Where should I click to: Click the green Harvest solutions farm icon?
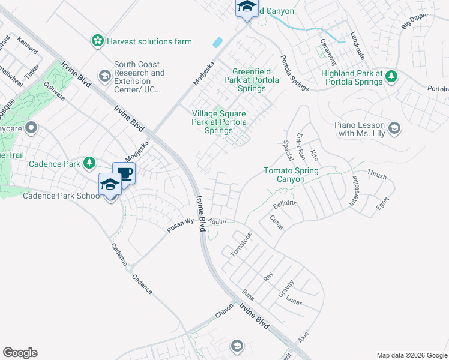(97, 41)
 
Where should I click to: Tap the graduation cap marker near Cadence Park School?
(110, 184)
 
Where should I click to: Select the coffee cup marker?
(124, 173)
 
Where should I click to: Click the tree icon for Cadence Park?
(89, 163)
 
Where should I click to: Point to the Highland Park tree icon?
(391, 76)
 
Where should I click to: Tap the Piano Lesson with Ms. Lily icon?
(394, 127)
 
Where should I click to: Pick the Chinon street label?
(224, 314)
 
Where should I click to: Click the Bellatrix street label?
(285, 205)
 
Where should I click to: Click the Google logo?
(20, 353)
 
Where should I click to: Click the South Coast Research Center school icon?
(104, 75)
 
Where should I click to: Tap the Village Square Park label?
(219, 122)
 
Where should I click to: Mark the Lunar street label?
(294, 300)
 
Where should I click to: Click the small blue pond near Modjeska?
(217, 43)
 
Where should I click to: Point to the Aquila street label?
(217, 221)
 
